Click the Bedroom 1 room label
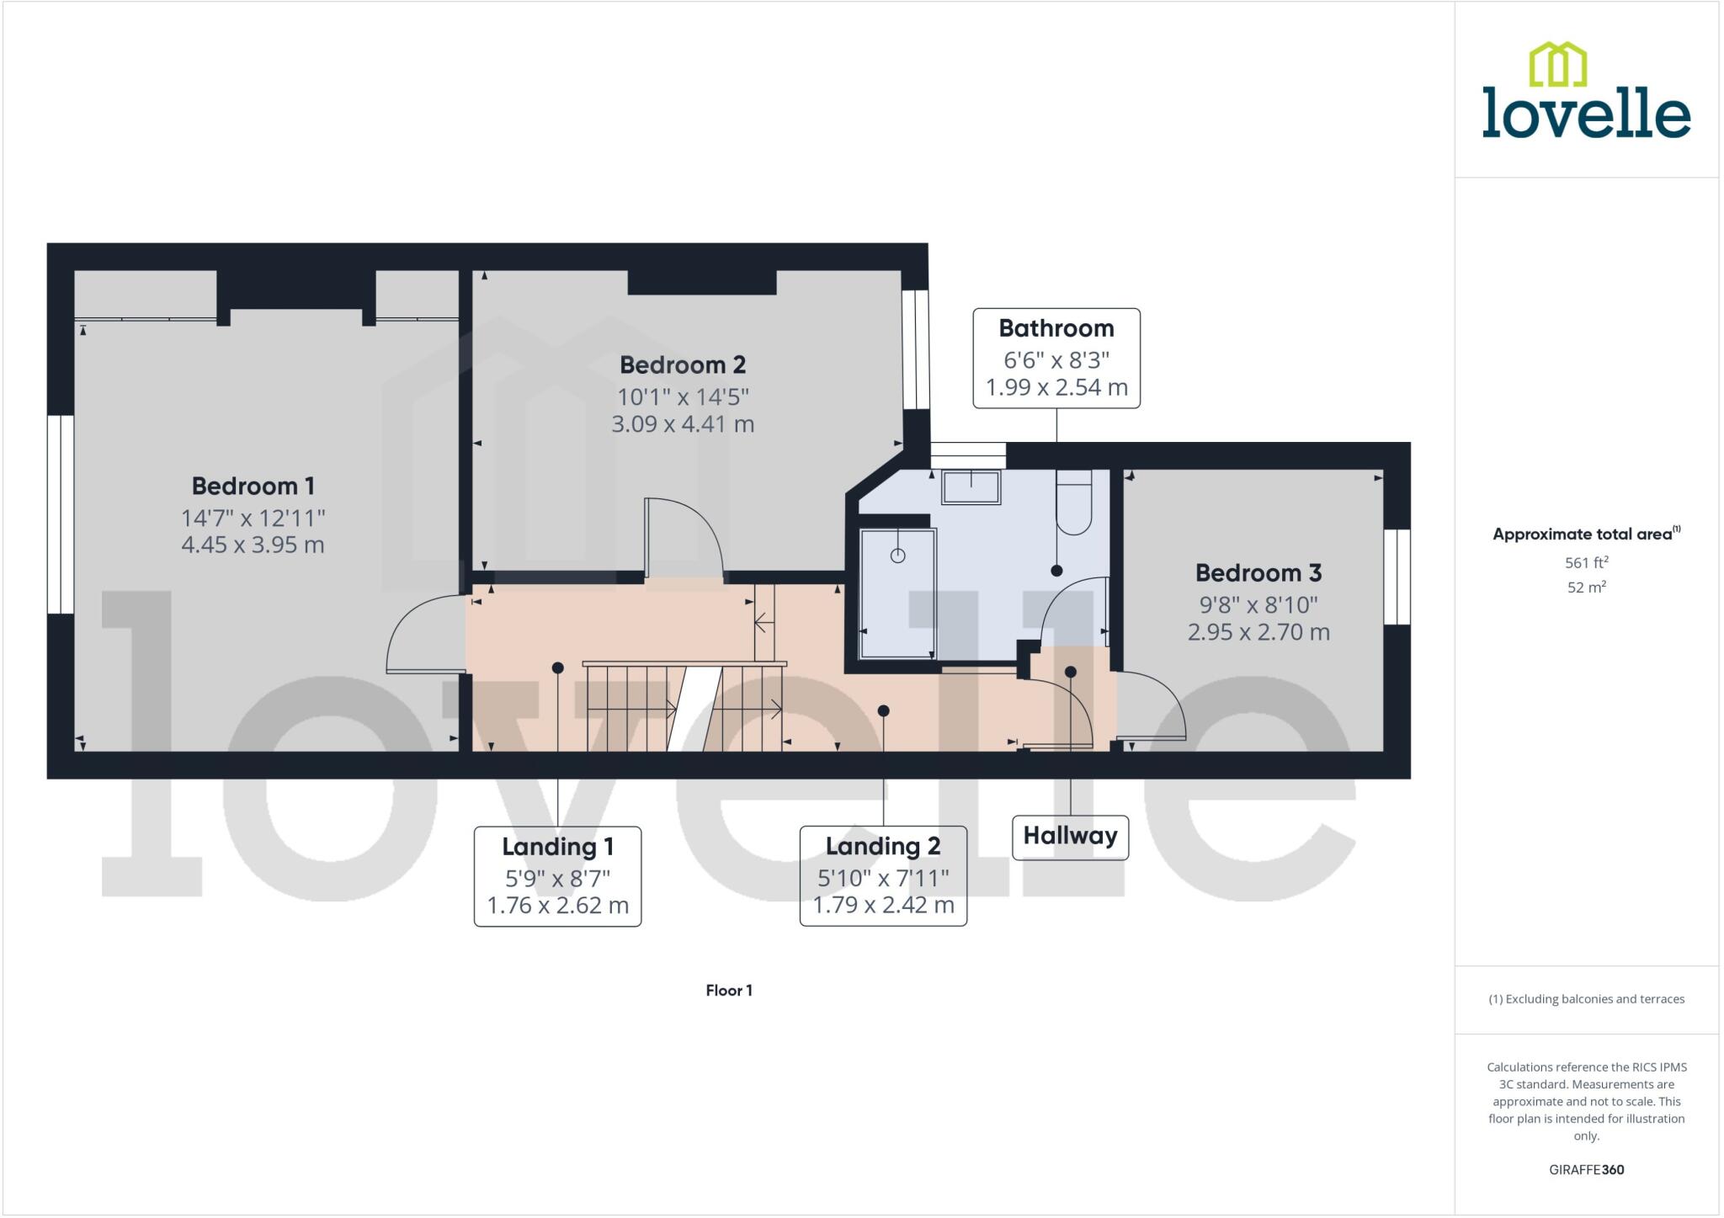pos(253,486)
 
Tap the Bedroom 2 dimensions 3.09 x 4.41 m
pos(682,423)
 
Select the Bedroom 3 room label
pos(1258,573)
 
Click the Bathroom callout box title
pos(1056,328)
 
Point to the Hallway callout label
pos(1069,836)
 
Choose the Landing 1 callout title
pos(557,846)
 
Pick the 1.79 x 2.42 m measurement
pos(882,905)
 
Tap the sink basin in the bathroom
pos(971,487)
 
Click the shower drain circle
pos(897,556)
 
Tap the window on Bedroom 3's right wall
pos(1397,577)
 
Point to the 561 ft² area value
pos(1586,562)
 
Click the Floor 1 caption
pos(728,991)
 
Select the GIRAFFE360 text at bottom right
pos(1586,1169)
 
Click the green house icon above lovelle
pos(1557,65)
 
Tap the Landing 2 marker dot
pos(883,711)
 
